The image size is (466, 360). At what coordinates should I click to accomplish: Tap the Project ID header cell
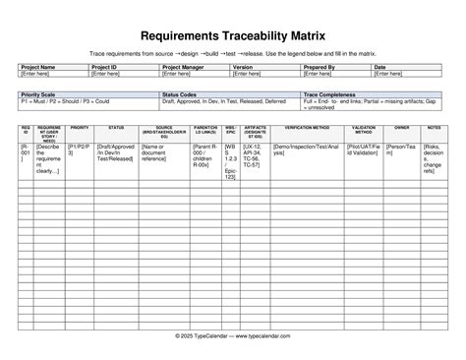(105, 67)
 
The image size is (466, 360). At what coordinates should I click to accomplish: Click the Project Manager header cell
(185, 67)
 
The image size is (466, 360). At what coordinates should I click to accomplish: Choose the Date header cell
(380, 67)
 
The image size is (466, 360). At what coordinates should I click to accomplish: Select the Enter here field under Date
(388, 74)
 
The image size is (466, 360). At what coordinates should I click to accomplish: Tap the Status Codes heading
(182, 94)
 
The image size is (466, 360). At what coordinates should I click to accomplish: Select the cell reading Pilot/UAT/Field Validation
(363, 150)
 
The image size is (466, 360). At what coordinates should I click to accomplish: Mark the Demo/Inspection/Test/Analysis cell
(307, 150)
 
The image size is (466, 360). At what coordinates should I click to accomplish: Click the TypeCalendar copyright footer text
(233, 335)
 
